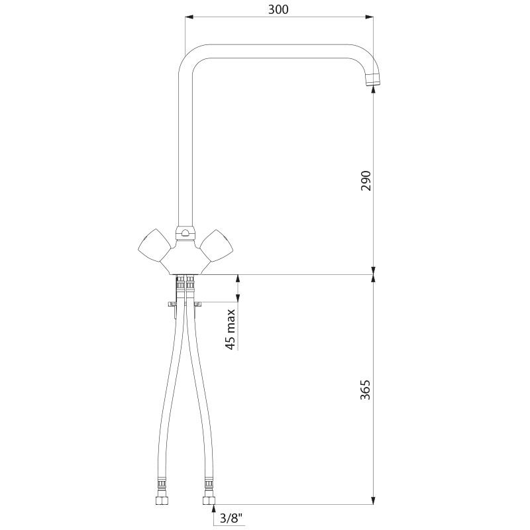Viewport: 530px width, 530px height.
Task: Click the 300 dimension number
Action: [x=278, y=9]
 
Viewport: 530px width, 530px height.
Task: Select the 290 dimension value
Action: [x=366, y=181]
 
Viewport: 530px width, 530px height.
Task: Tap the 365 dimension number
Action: [x=366, y=390]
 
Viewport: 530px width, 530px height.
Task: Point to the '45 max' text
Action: [x=230, y=329]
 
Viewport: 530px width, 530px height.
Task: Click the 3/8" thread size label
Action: [x=231, y=518]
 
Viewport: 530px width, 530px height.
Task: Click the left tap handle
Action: [x=154, y=245]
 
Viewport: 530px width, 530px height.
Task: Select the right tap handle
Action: [x=217, y=245]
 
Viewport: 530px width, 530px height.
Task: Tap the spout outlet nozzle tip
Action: [x=373, y=81]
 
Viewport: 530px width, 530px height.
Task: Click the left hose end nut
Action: [x=162, y=500]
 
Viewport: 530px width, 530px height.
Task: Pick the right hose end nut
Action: [x=209, y=500]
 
